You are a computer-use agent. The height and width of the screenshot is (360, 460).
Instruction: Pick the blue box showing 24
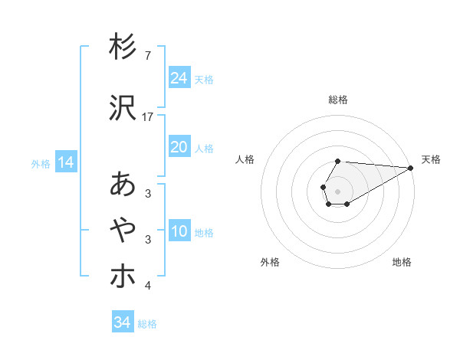coord(179,78)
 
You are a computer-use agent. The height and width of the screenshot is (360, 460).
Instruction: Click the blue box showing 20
coord(179,147)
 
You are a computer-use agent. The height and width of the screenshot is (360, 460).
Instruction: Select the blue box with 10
coord(179,231)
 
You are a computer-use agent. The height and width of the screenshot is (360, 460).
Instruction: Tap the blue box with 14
coord(66,162)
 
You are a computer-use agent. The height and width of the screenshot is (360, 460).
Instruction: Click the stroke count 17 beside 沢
coord(149,117)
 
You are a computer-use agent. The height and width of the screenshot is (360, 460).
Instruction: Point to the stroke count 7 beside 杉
coord(147,56)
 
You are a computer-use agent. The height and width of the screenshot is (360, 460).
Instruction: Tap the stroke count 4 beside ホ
coord(147,286)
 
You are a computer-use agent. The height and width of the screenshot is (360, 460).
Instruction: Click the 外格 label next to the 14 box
coord(41,163)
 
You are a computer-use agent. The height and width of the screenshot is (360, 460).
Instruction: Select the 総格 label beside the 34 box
coord(147,324)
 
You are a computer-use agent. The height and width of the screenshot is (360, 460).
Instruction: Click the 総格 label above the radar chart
coord(338,100)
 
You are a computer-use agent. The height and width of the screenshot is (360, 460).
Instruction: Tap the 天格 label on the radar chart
coord(431,159)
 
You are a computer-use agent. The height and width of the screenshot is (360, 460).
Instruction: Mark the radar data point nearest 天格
coord(410,168)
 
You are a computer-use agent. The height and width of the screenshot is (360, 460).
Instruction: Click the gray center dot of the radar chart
coord(338,191)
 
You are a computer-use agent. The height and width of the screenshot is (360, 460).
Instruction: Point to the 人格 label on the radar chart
coord(245,159)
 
